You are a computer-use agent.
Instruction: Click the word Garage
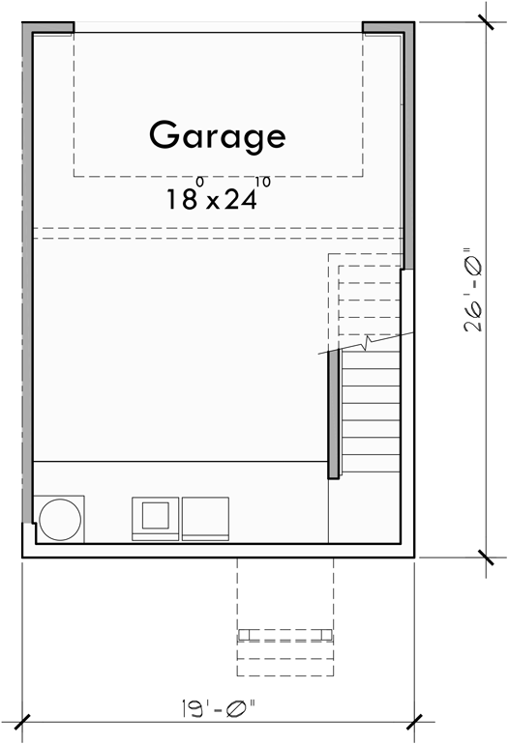(217, 135)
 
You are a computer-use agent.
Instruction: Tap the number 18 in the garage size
(181, 200)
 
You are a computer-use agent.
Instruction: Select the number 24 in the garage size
(239, 200)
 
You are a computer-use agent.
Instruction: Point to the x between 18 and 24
(209, 202)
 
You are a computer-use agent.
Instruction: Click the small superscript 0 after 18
(200, 182)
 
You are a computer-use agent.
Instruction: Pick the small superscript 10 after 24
(263, 182)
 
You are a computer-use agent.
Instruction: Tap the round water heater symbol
(60, 520)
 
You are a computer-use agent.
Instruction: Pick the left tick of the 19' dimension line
(22, 720)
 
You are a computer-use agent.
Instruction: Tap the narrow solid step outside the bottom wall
(285, 635)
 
